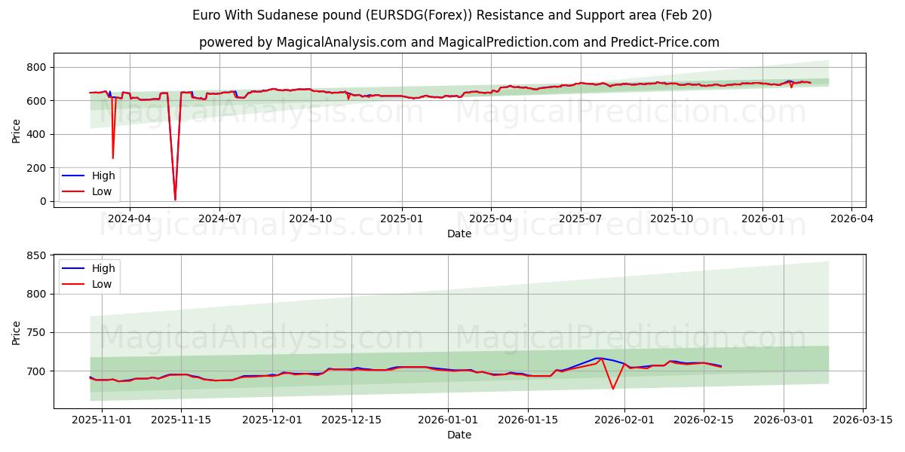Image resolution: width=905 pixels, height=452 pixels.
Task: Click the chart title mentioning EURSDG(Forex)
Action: point(452,15)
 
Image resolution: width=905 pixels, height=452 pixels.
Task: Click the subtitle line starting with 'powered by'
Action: point(459,42)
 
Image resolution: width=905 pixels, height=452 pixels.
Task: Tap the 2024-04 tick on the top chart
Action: point(130,218)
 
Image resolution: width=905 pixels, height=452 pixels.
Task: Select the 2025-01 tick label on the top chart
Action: point(402,218)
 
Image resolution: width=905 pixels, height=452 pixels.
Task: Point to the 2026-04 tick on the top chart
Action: point(851,218)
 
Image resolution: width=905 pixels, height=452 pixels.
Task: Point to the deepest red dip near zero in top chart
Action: point(175,199)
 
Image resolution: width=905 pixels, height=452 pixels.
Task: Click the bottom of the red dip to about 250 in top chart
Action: point(113,157)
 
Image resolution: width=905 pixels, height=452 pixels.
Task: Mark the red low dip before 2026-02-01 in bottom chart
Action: point(612,389)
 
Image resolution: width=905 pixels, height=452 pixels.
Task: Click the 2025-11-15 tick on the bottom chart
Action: point(181,419)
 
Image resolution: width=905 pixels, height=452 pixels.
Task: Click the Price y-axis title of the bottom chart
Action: point(17,331)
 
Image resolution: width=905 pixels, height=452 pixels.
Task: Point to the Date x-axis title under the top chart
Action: point(459,234)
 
